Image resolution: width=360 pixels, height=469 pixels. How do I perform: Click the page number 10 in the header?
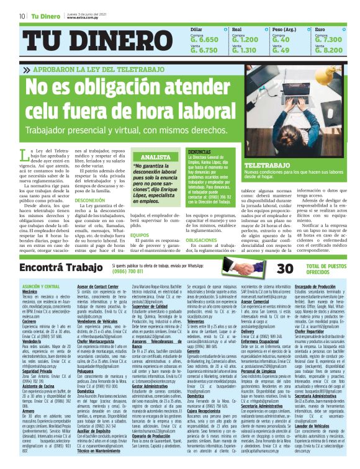coord(22,16)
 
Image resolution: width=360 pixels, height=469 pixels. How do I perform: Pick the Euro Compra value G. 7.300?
coord(329,39)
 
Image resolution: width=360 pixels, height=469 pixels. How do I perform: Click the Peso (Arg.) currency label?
coord(285,29)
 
